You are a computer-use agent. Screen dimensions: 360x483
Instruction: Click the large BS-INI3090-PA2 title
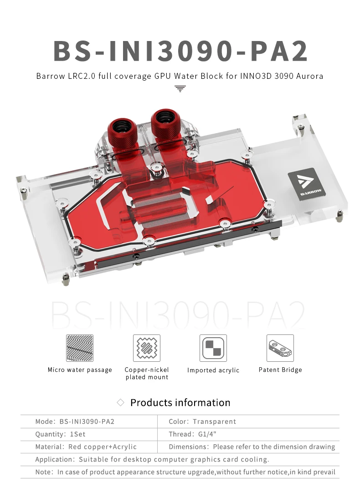pyautogui.click(x=180, y=51)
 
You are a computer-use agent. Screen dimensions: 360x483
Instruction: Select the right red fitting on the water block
pyautogui.click(x=166, y=124)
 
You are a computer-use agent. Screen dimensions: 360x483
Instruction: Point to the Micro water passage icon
pyautogui.click(x=80, y=348)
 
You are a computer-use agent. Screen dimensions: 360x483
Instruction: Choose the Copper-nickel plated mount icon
pyautogui.click(x=147, y=348)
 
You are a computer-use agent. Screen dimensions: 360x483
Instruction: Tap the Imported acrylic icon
pyautogui.click(x=213, y=348)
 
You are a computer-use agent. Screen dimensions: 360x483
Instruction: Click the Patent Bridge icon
pyautogui.click(x=280, y=348)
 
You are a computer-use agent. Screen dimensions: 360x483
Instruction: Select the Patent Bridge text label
pyautogui.click(x=280, y=370)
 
